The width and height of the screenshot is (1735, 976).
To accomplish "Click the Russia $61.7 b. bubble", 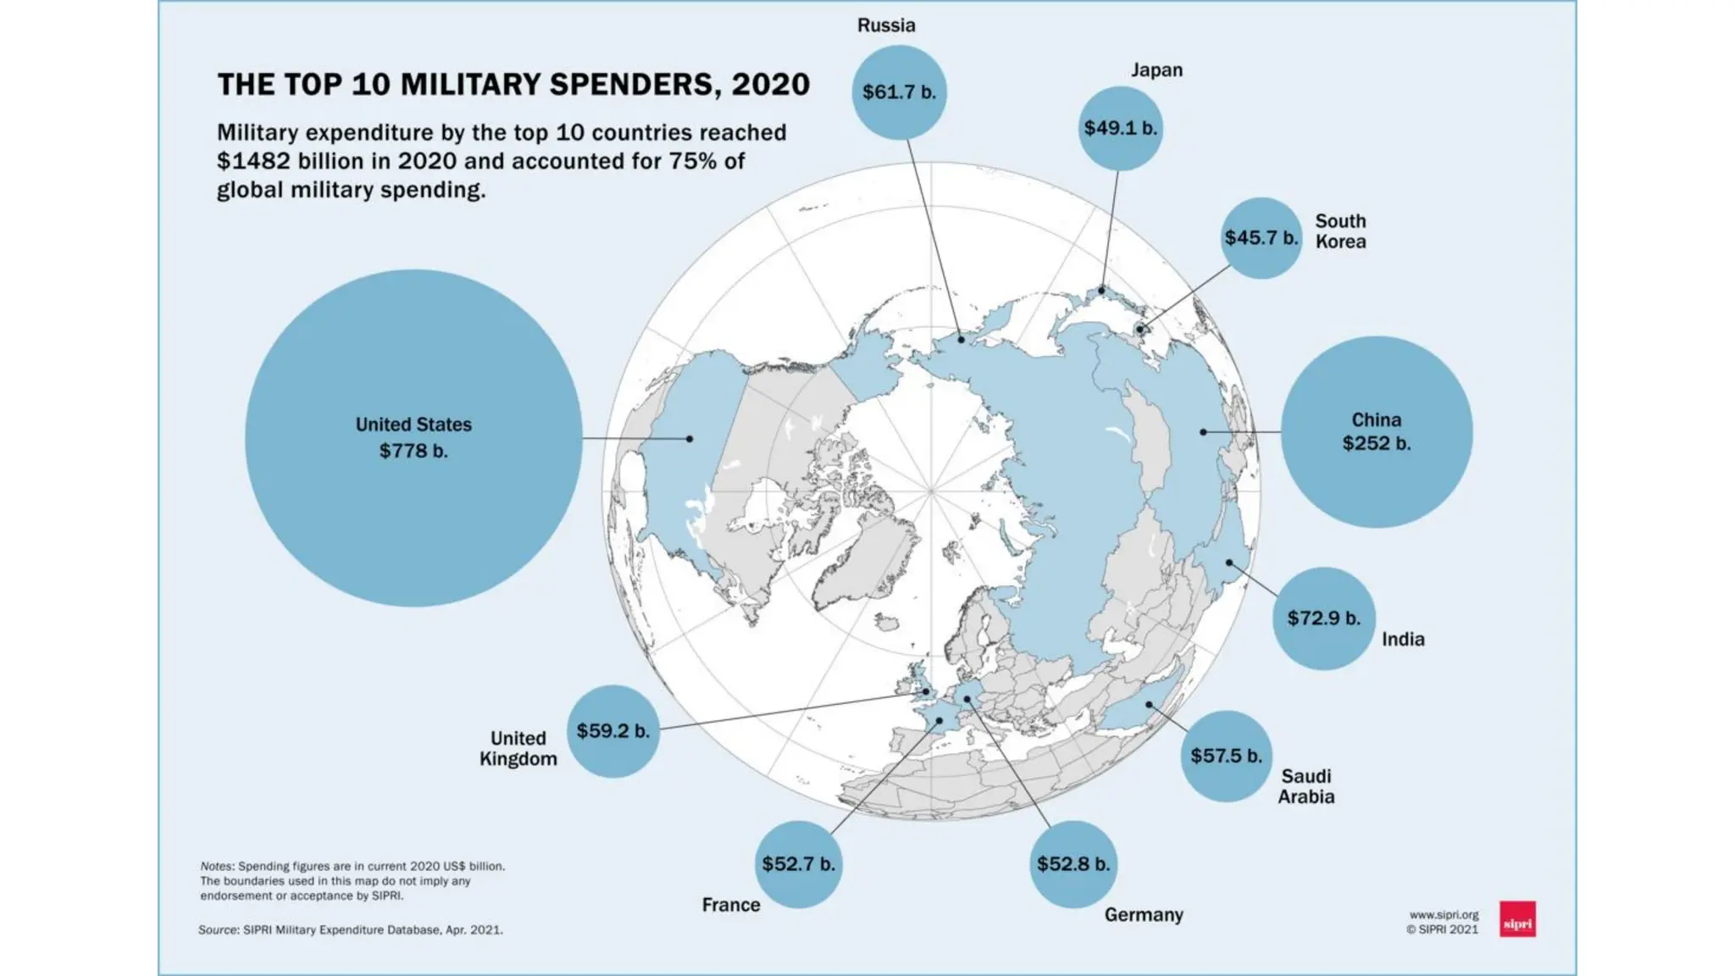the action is [x=899, y=92].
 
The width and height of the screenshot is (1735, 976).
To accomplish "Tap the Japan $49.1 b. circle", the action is [x=1120, y=129].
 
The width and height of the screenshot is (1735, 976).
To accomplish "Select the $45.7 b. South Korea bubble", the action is [x=1261, y=238].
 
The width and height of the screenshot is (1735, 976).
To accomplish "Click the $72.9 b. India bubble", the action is [x=1324, y=618].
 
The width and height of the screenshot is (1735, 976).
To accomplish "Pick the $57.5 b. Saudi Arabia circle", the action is [x=1226, y=756].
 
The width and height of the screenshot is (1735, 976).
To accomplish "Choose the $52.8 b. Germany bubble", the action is [x=1073, y=864].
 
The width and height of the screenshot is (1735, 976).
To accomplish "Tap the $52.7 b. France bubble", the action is [x=798, y=864].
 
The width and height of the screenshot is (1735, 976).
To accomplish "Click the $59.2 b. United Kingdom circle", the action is [x=613, y=731].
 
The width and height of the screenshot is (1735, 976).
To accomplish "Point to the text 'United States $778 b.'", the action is [x=413, y=437].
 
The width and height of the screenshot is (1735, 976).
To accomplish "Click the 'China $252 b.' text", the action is [x=1377, y=431].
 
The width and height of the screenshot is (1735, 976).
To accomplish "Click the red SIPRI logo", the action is [x=1517, y=918].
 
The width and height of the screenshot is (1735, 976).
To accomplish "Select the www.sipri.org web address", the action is [x=1444, y=915].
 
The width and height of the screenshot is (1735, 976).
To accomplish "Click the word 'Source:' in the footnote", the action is [x=219, y=929].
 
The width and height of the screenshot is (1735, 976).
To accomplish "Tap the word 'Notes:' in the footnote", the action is [x=217, y=866].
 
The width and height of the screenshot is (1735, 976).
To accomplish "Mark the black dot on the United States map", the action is [x=690, y=439].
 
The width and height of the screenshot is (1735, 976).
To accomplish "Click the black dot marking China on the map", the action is [x=1203, y=432].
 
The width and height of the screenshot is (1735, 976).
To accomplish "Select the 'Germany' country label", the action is [x=1144, y=915].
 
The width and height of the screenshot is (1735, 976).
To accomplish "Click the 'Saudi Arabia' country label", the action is [x=1306, y=786].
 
